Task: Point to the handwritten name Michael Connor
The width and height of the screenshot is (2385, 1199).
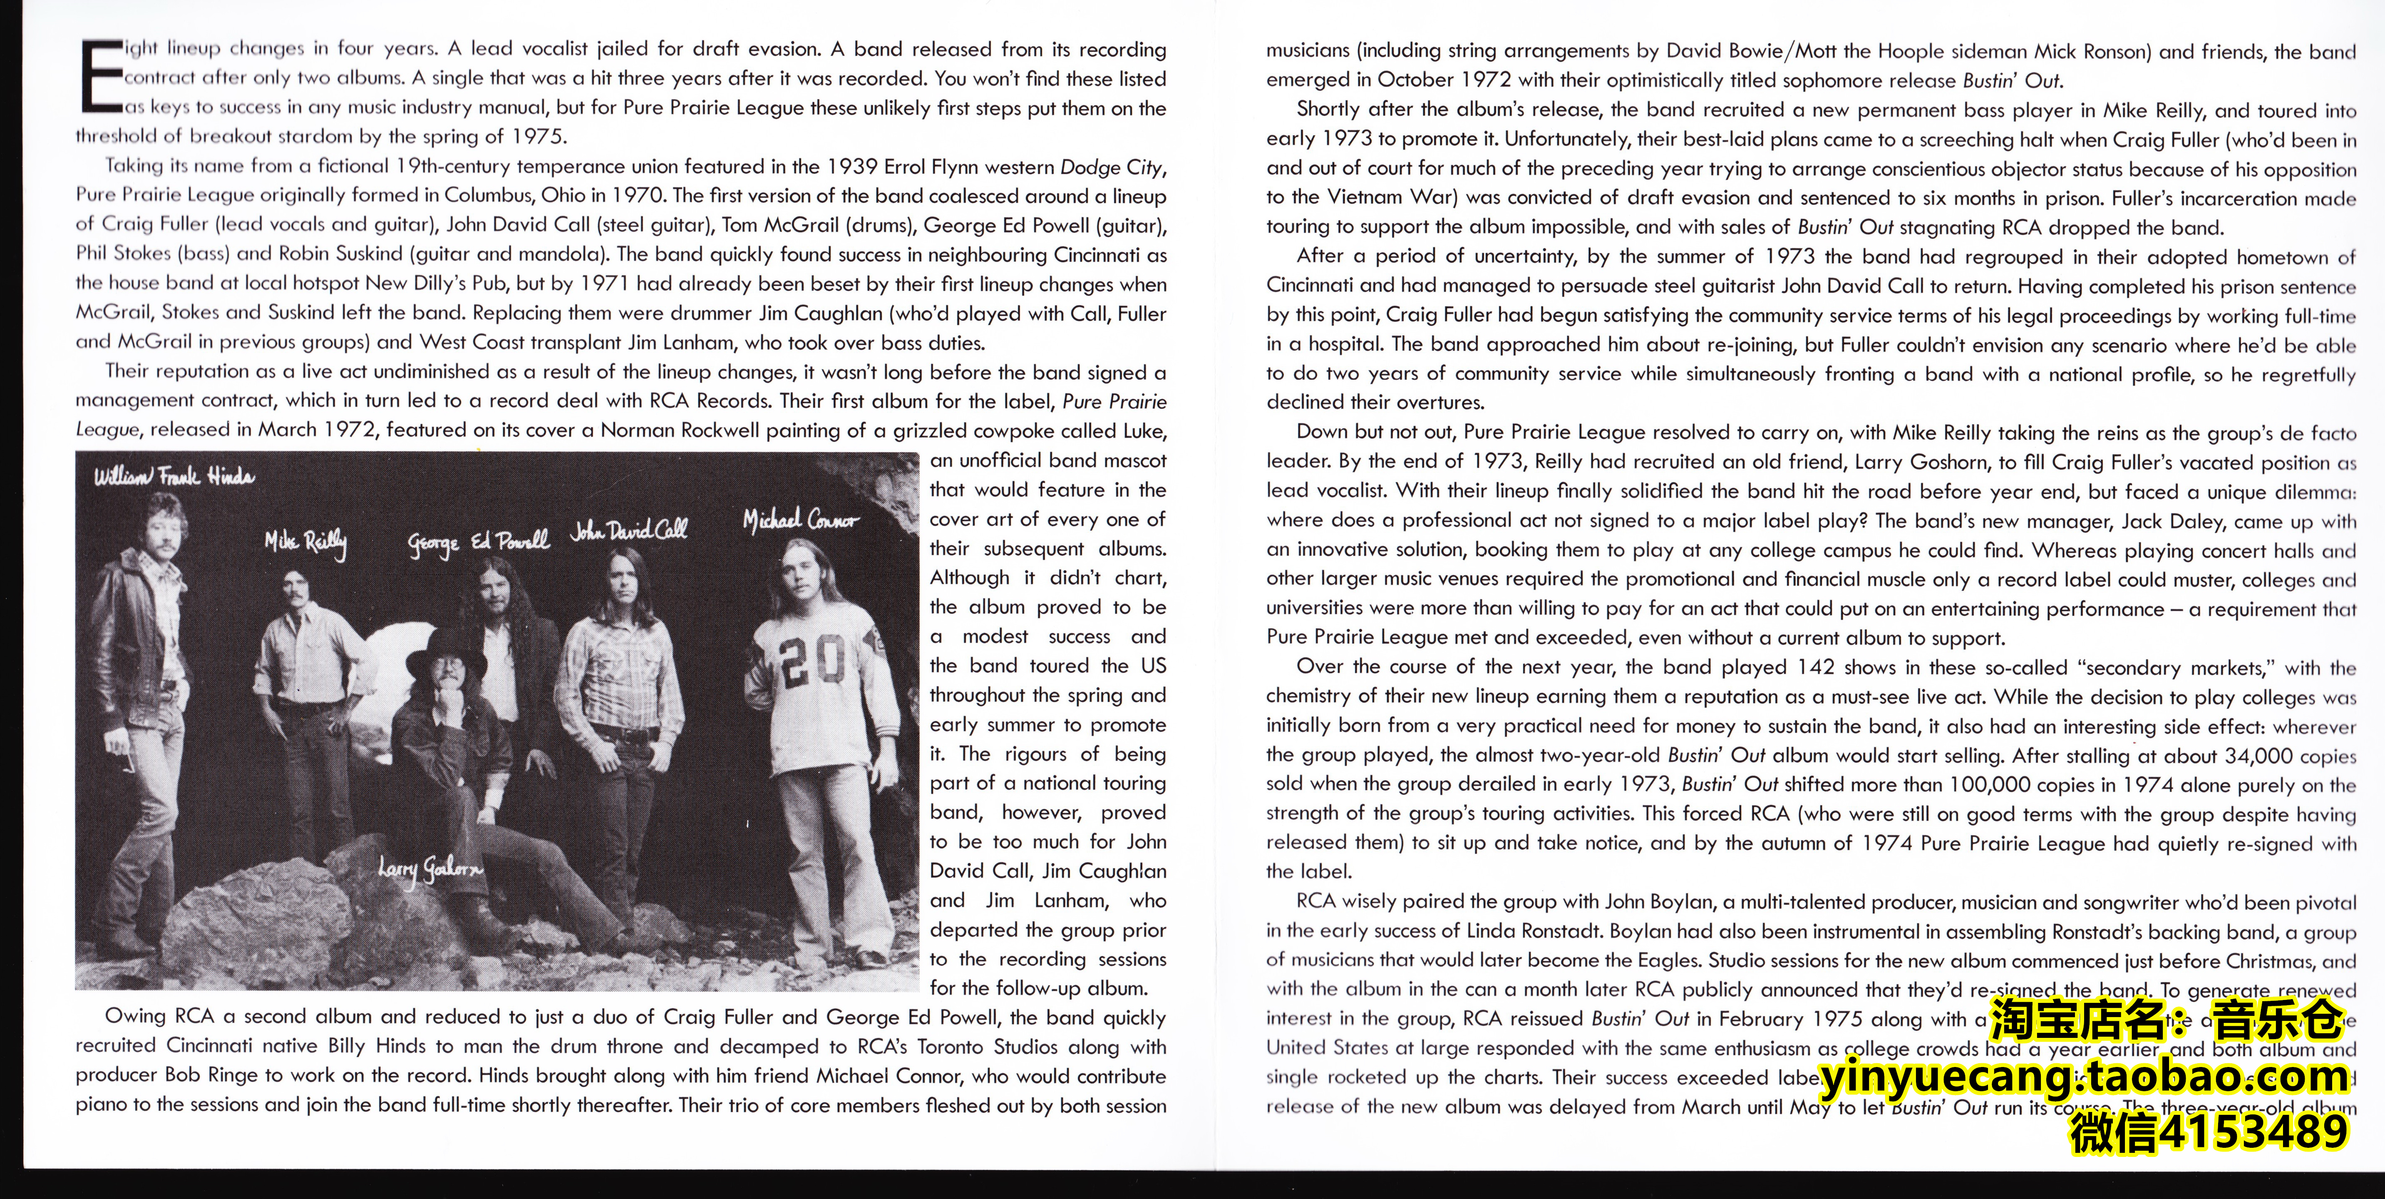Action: coord(801,521)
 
